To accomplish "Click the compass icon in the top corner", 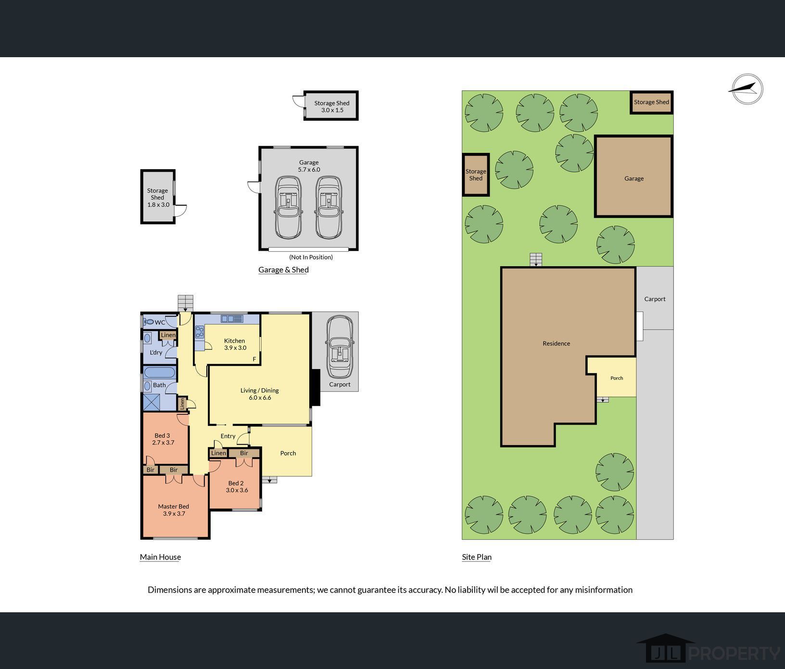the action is [747, 89].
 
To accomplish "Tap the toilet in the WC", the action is [149, 322].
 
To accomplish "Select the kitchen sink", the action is [232, 318].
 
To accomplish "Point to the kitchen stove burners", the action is [200, 332].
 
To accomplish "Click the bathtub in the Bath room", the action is [160, 372].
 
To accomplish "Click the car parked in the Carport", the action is [340, 347].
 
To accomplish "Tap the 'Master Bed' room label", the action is [174, 506].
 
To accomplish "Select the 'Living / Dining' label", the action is [260, 390].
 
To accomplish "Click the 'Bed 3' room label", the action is [162, 435].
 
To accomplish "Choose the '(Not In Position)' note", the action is [311, 257].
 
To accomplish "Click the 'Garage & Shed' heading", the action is [283, 270].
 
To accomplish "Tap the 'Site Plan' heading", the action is [477, 557].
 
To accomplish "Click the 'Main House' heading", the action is [160, 557].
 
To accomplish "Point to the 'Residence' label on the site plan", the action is [557, 343].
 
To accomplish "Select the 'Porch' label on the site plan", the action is [617, 378].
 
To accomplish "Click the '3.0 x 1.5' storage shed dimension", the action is [332, 110].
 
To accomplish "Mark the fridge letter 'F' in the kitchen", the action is [254, 359].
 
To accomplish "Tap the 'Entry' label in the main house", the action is [228, 436].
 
